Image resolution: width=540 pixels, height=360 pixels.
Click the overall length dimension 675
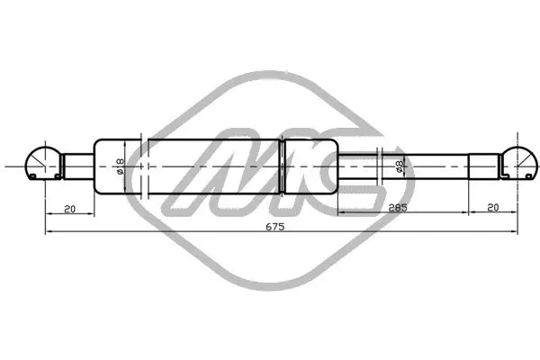(275, 227)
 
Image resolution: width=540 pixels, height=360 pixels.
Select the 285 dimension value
(398, 207)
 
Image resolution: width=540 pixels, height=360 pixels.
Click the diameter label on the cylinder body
(119, 166)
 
